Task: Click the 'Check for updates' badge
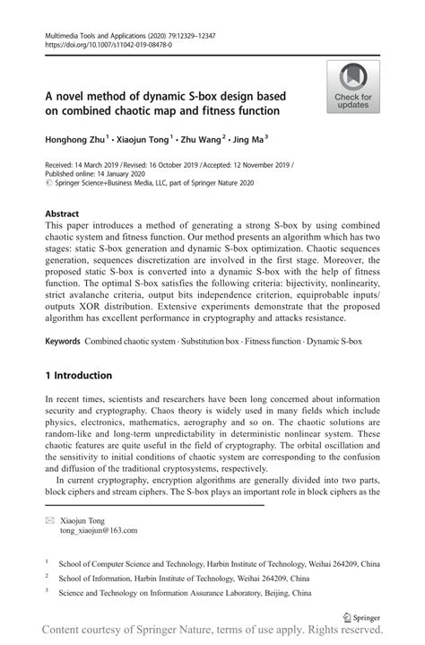(x=353, y=87)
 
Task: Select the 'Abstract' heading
(x=62, y=214)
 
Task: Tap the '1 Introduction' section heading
(x=79, y=375)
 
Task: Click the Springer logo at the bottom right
(x=361, y=617)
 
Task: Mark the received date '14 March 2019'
(x=95, y=166)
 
